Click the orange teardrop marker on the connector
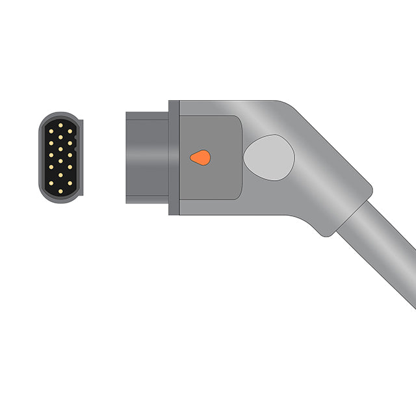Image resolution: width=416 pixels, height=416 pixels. [x=200, y=157]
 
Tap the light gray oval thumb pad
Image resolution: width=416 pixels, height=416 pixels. [x=268, y=158]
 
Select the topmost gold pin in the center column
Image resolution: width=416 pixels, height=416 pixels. [x=60, y=125]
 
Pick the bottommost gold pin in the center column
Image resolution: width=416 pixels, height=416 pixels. [x=60, y=191]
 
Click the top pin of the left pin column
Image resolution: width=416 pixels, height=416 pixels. [x=51, y=131]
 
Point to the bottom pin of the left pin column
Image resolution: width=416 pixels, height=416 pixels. [x=51, y=183]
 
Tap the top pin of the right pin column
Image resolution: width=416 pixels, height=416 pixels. [x=70, y=131]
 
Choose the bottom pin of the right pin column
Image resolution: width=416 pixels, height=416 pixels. [x=70, y=183]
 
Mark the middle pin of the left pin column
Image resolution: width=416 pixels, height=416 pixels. [x=51, y=155]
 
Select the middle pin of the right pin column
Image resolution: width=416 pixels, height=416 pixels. [x=70, y=155]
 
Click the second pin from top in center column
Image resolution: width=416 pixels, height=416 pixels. [x=60, y=137]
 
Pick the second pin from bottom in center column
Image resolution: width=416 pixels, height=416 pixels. [x=60, y=175]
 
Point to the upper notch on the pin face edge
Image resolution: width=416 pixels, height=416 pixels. [x=75, y=138]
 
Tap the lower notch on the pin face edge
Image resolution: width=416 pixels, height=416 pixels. [x=75, y=149]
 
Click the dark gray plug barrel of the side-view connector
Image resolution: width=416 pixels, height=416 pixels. [x=147, y=158]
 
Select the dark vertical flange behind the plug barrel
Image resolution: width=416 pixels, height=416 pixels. [x=174, y=158]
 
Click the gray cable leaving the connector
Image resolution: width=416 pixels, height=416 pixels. [x=383, y=253]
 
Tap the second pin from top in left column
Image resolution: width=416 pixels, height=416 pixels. [x=51, y=143]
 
